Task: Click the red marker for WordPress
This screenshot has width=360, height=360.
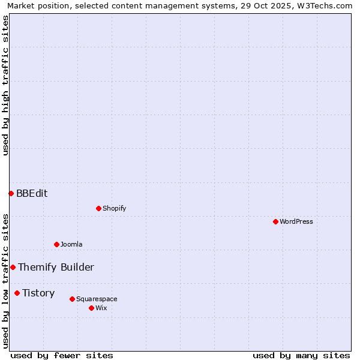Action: coord(275,221)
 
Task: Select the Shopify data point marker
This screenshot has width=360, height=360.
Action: coord(98,208)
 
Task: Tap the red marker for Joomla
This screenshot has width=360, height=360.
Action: coord(56,244)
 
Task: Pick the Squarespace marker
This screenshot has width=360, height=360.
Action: coord(72,299)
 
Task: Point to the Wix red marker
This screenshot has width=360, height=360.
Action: coord(91,308)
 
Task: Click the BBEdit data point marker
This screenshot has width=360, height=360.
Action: coord(11,193)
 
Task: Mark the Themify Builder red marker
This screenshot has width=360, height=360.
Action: coord(13,267)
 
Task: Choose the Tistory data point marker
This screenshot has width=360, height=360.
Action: coord(17,293)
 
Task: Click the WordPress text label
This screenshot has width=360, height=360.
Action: coord(296,221)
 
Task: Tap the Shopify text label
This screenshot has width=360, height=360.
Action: coord(114,208)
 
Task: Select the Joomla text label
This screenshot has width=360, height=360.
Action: coord(71,244)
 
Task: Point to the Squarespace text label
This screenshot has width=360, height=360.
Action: coord(97,299)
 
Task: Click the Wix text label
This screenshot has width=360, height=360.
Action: coord(101,308)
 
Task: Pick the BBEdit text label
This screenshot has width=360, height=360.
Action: coord(32,193)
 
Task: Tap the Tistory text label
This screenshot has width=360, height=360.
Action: coord(38,293)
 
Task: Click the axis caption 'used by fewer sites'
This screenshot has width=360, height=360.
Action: coord(62,355)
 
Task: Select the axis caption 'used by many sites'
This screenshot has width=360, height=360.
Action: coord(301,355)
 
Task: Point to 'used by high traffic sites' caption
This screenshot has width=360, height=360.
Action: coord(5,85)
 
